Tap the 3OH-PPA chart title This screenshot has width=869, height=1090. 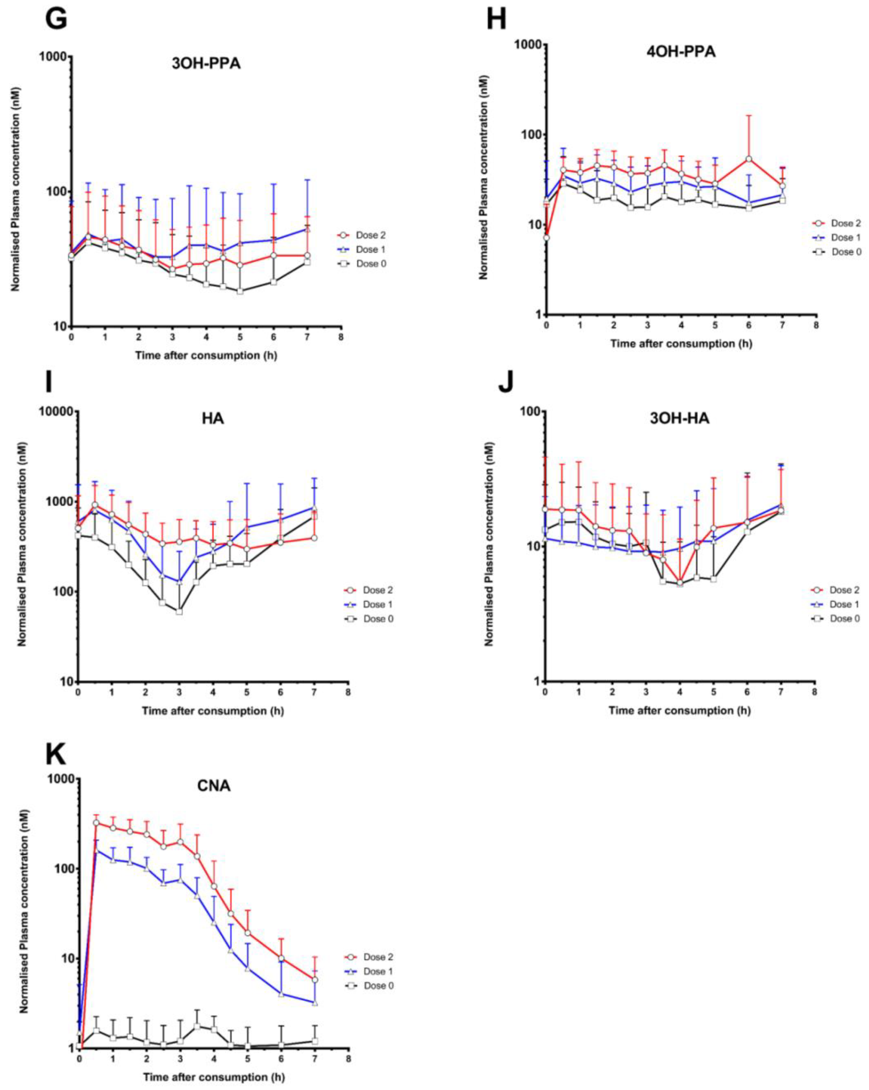(x=206, y=64)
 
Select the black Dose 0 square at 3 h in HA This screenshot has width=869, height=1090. (x=179, y=612)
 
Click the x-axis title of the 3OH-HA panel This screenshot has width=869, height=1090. (x=679, y=710)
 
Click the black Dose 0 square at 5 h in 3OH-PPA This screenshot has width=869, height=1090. (x=240, y=291)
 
